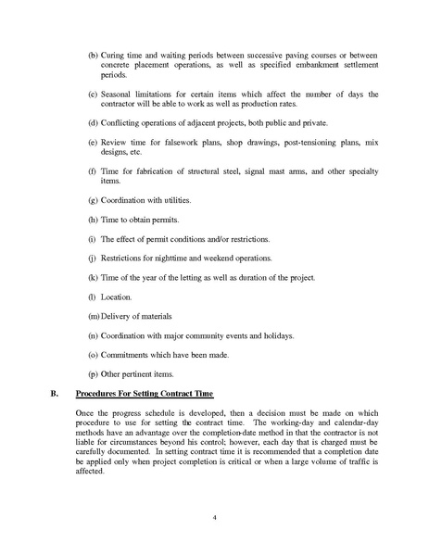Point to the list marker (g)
pos(93,200)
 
